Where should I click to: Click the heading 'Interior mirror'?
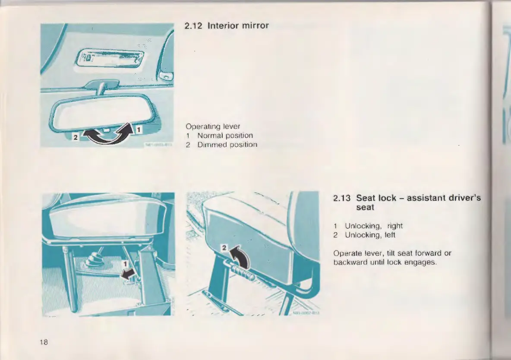pyautogui.click(x=238, y=25)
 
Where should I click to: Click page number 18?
pyautogui.click(x=43, y=342)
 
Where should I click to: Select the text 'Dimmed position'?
pyautogui.click(x=227, y=145)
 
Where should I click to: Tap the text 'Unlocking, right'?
pyautogui.click(x=374, y=226)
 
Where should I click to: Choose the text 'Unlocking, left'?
pyautogui.click(x=370, y=235)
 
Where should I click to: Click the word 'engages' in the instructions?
pyautogui.click(x=423, y=262)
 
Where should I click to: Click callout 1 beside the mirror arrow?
pyautogui.click(x=139, y=129)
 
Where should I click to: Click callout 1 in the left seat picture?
pyautogui.click(x=125, y=263)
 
